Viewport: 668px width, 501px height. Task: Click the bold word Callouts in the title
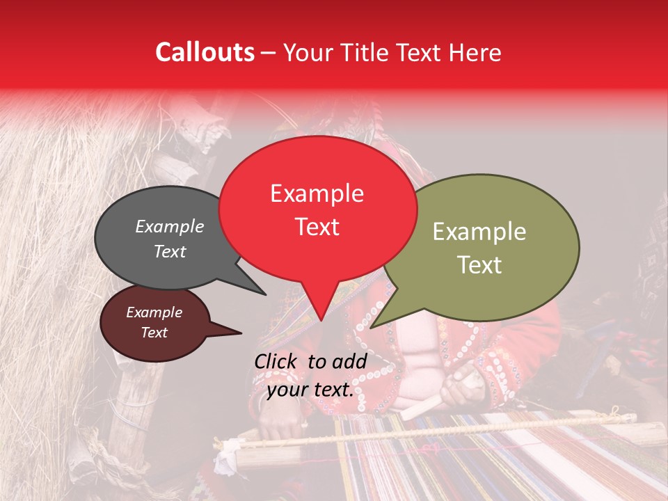[205, 52]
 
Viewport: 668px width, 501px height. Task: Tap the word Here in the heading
[477, 52]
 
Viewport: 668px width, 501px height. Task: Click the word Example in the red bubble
[317, 193]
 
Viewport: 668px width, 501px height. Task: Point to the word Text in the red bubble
[317, 226]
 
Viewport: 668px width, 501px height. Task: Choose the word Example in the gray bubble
[169, 226]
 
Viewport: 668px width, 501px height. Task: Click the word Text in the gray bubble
[169, 251]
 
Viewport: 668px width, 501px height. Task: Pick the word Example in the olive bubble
[479, 232]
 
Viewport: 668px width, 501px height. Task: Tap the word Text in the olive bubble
[479, 264]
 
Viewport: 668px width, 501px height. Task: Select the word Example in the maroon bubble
[154, 312]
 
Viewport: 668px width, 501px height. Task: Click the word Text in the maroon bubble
[154, 333]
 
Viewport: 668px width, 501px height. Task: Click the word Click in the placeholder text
[278, 361]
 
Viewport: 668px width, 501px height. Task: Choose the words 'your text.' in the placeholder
[310, 390]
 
